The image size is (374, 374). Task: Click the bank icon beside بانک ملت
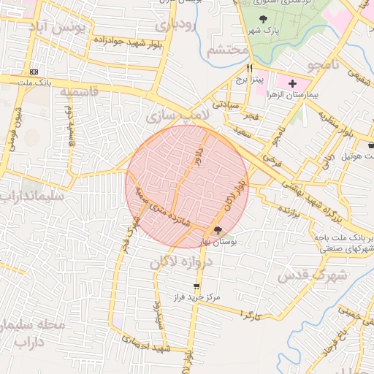[34, 72]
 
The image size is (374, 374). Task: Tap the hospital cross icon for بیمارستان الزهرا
[293, 83]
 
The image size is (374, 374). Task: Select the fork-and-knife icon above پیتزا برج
[250, 67]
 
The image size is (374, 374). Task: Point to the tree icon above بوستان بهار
[218, 231]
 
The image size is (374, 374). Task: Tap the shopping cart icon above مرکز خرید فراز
[195, 286]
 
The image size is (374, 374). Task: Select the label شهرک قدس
[306, 275]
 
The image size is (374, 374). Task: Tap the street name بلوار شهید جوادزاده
[123, 41]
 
